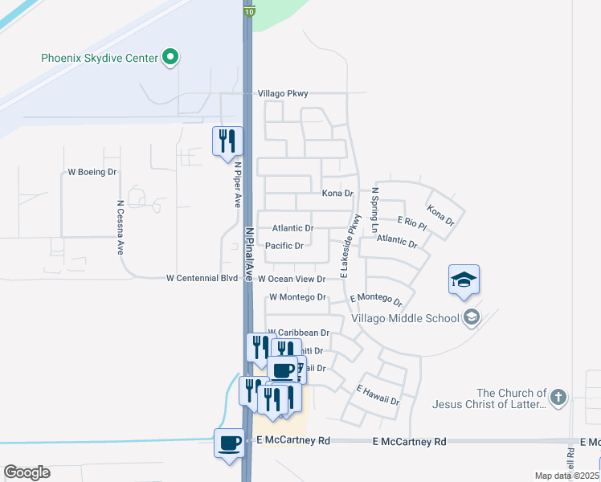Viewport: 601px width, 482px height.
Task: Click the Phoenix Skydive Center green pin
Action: pos(170,58)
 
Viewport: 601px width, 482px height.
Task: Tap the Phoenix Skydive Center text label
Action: pos(100,59)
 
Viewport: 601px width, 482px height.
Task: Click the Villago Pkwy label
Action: pos(283,94)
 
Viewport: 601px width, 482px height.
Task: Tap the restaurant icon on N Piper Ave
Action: pos(226,141)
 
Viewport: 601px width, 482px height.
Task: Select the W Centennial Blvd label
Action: pos(202,278)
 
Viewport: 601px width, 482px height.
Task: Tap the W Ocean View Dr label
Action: pos(291,279)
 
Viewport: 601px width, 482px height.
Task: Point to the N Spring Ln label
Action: pos(374,210)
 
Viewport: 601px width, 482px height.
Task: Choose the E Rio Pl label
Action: pos(411,220)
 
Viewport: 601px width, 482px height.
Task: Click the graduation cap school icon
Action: pos(464,280)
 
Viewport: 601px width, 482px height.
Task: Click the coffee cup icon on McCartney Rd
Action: pos(229,442)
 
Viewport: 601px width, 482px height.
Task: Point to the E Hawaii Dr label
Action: pos(378,395)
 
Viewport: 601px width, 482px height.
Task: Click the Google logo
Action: pos(27,472)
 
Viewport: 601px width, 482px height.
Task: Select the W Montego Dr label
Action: pos(297,297)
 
